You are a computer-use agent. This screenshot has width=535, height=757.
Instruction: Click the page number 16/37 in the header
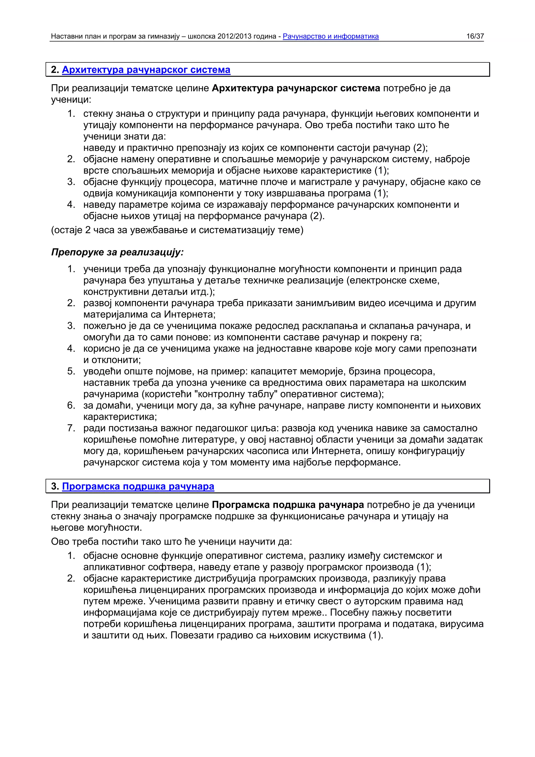pyautogui.click(x=475, y=36)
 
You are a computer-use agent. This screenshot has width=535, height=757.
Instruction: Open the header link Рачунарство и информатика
pyautogui.click(x=331, y=36)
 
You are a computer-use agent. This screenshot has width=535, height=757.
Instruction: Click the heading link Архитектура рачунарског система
pyautogui.click(x=146, y=70)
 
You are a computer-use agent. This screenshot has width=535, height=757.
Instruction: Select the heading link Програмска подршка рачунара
pyautogui.click(x=138, y=486)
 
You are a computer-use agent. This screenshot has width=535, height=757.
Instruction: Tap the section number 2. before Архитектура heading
pyautogui.click(x=55, y=70)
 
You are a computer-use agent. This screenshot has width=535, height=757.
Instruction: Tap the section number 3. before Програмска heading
pyautogui.click(x=55, y=486)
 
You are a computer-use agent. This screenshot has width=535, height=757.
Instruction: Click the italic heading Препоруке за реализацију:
pyautogui.click(x=117, y=252)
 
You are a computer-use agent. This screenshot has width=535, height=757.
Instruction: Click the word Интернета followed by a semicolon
pyautogui.click(x=190, y=315)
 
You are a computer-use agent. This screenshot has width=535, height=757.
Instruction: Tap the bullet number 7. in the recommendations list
pyautogui.click(x=71, y=428)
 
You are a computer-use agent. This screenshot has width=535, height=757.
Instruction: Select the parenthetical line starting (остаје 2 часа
pyautogui.click(x=177, y=230)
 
